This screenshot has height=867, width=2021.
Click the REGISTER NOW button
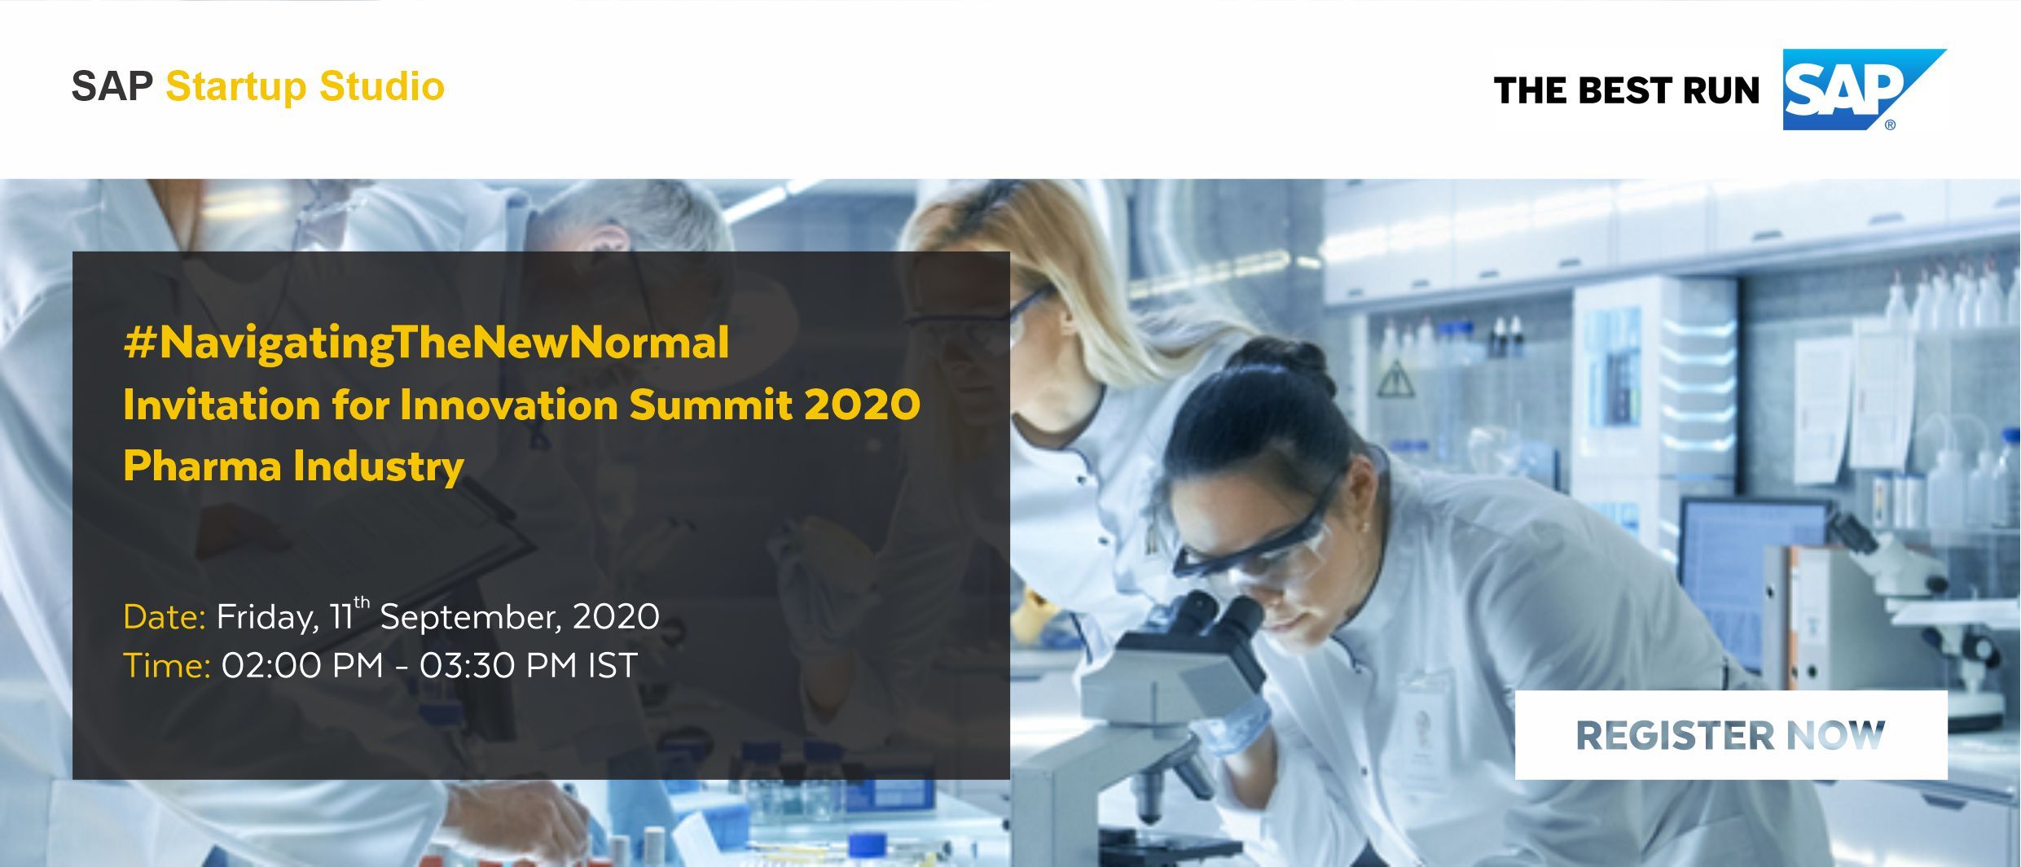(1731, 735)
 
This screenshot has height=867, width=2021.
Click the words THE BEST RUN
(1627, 90)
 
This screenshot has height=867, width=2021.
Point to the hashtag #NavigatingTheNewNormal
(426, 343)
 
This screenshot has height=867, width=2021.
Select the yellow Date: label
(165, 617)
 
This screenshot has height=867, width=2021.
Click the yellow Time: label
(167, 666)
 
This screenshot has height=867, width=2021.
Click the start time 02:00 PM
(302, 666)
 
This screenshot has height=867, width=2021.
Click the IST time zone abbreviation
(613, 666)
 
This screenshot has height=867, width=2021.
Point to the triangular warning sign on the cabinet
(1395, 379)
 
